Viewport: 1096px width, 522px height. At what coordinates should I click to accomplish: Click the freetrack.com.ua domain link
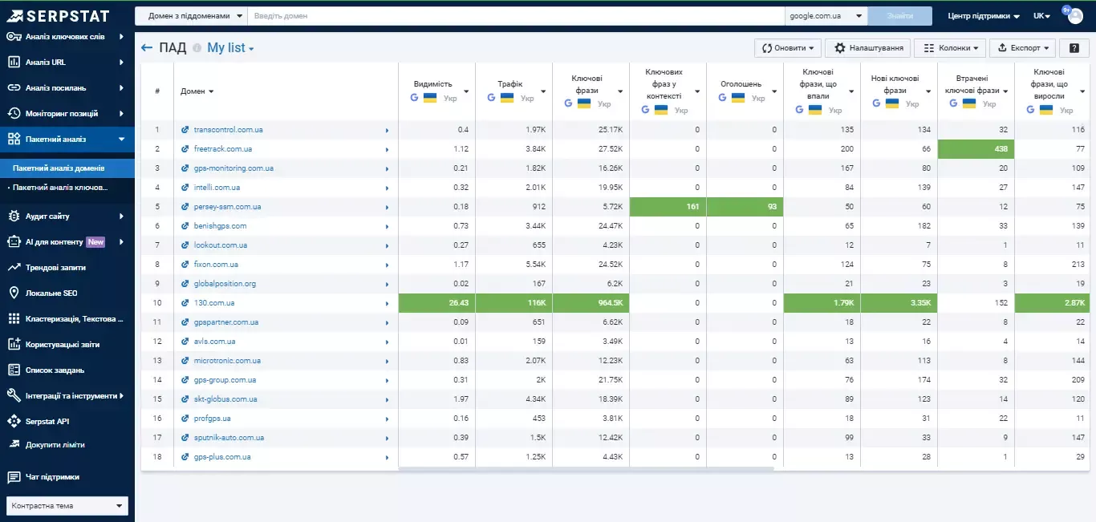click(222, 149)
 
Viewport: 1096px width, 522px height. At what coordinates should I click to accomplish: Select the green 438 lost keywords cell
click(976, 149)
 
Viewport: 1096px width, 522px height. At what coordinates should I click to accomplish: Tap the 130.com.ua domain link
click(213, 303)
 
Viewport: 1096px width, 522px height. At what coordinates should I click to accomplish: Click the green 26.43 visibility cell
click(436, 303)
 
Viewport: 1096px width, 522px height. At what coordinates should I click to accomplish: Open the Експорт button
click(1022, 48)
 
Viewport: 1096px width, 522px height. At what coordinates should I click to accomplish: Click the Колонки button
click(950, 48)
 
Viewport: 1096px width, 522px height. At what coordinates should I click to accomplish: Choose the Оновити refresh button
click(787, 48)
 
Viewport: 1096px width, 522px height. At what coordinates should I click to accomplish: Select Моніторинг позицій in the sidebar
click(62, 113)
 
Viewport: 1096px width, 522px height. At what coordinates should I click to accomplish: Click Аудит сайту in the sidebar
click(47, 216)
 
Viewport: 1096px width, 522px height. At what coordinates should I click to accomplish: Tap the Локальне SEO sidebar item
click(51, 293)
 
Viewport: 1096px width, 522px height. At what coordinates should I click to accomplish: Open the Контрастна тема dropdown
click(67, 506)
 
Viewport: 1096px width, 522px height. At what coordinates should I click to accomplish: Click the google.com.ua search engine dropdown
click(826, 16)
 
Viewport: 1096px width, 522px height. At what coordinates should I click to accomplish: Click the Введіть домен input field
click(516, 16)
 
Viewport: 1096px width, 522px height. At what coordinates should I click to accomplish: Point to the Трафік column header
click(509, 84)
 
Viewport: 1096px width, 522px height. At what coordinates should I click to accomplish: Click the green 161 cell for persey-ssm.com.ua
click(668, 207)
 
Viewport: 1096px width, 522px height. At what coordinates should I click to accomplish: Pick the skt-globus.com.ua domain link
click(225, 399)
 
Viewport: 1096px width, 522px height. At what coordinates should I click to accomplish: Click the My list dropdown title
click(230, 48)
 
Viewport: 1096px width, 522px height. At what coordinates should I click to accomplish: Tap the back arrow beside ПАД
click(146, 47)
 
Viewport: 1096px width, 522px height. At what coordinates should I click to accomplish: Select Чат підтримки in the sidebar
click(52, 477)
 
